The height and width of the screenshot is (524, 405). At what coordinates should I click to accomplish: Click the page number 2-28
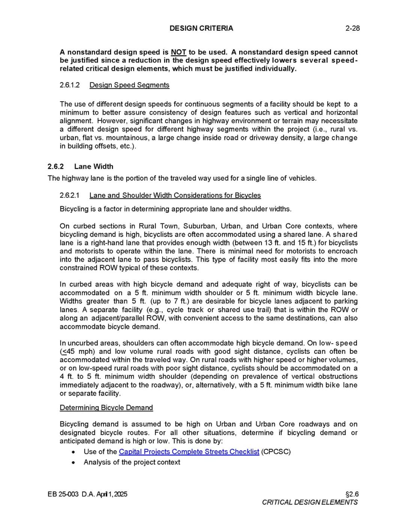point(352,28)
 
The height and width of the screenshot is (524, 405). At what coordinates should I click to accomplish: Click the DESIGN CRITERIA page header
point(201,28)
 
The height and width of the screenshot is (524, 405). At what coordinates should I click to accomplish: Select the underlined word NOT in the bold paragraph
point(178,52)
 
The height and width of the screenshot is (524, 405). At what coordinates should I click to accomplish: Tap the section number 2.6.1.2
point(70,85)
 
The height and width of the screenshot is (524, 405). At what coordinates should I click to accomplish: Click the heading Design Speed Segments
point(129,85)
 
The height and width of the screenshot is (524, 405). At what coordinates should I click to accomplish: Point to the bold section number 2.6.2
point(56,167)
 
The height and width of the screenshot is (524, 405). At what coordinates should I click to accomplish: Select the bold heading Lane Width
point(94,167)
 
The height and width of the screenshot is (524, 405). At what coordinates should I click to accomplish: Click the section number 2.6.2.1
point(70,195)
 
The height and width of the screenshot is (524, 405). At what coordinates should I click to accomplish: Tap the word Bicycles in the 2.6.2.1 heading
point(247,195)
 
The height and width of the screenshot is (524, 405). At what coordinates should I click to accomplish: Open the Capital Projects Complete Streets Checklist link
point(189,452)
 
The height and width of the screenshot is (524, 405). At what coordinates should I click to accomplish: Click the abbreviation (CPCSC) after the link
point(276,452)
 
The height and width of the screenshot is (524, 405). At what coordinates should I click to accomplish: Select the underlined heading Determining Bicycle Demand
point(106,408)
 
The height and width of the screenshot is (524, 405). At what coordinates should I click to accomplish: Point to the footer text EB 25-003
point(63,494)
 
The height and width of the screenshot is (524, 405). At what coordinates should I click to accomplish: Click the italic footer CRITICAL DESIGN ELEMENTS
point(310,502)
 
